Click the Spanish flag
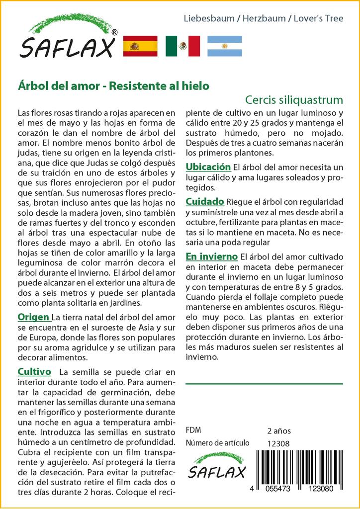(140, 46)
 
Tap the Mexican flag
(182, 46)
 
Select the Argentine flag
(225, 46)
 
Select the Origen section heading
(33, 317)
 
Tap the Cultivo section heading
(34, 372)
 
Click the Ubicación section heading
(208, 167)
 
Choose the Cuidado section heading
(205, 202)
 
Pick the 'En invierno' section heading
(211, 256)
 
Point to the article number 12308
(277, 444)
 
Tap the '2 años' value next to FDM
(278, 430)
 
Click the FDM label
(193, 430)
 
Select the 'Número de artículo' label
(217, 443)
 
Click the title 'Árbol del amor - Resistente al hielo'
(113, 85)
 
